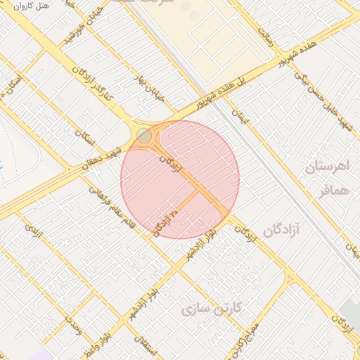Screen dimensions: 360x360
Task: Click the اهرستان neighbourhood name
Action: (328, 168)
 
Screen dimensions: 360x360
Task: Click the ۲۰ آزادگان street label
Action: (166, 222)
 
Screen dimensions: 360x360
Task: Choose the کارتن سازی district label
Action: (212, 308)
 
